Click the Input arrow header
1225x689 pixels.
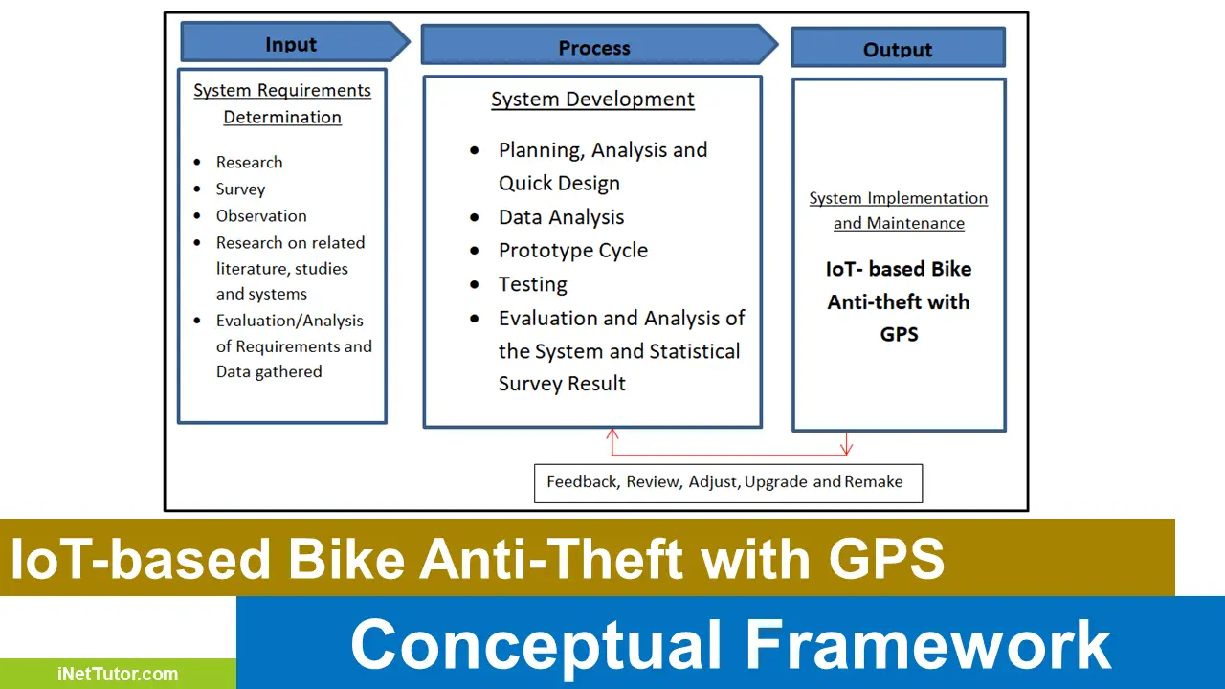pyautogui.click(x=292, y=44)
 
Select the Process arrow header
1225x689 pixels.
pyautogui.click(x=595, y=48)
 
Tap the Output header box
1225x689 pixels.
pyautogui.click(x=898, y=49)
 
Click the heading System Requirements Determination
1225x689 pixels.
pyautogui.click(x=282, y=103)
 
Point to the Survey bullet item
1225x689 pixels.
pyautogui.click(x=240, y=189)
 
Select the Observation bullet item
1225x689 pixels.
pyautogui.click(x=261, y=216)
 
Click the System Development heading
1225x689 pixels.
pyautogui.click(x=592, y=100)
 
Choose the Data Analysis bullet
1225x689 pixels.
pyautogui.click(x=561, y=217)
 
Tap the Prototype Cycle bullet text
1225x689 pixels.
pyautogui.click(x=572, y=251)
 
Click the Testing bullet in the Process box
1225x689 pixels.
pyautogui.click(x=532, y=285)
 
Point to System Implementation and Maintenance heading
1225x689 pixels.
pyautogui.click(x=898, y=211)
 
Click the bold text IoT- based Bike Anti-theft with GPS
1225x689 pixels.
pyautogui.click(x=898, y=301)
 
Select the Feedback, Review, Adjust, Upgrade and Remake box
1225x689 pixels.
pyautogui.click(x=727, y=482)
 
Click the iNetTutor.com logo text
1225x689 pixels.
pyautogui.click(x=117, y=674)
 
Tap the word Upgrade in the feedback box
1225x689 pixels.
pyautogui.click(x=776, y=482)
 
